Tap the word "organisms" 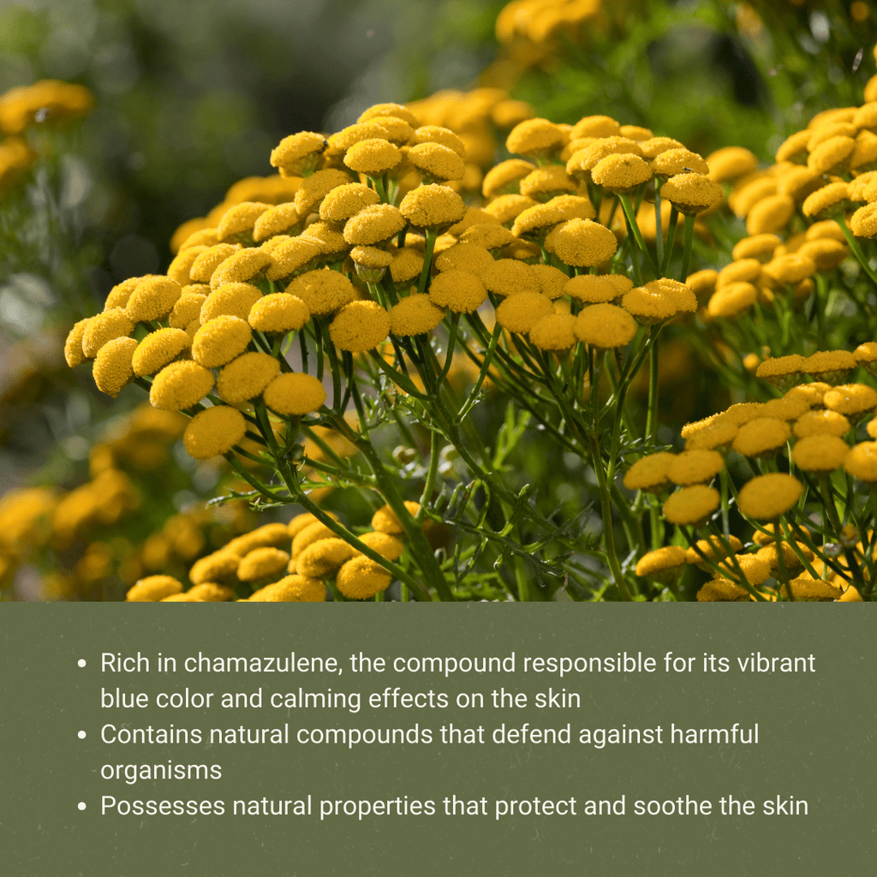[x=161, y=771]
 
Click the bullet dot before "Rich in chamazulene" [x=82, y=664]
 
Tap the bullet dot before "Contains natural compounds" [x=82, y=736]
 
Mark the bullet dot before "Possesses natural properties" [x=82, y=807]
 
